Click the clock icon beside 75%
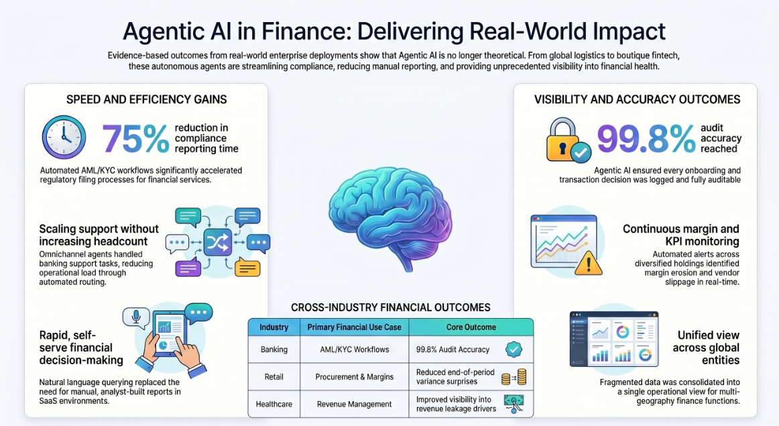[64, 138]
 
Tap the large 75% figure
[135, 139]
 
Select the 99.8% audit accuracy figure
[646, 139]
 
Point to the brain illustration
[390, 219]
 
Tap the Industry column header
[274, 327]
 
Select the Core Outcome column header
[471, 327]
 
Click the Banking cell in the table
[274, 350]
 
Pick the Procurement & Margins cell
[354, 377]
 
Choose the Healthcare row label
[274, 404]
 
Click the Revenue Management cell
[354, 404]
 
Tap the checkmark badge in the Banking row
[514, 350]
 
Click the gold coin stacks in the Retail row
[514, 377]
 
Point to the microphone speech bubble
[135, 317]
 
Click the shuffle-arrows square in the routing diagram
[218, 243]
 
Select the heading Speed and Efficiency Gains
[147, 99]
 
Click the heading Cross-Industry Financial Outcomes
[390, 308]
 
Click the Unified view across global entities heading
[706, 348]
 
